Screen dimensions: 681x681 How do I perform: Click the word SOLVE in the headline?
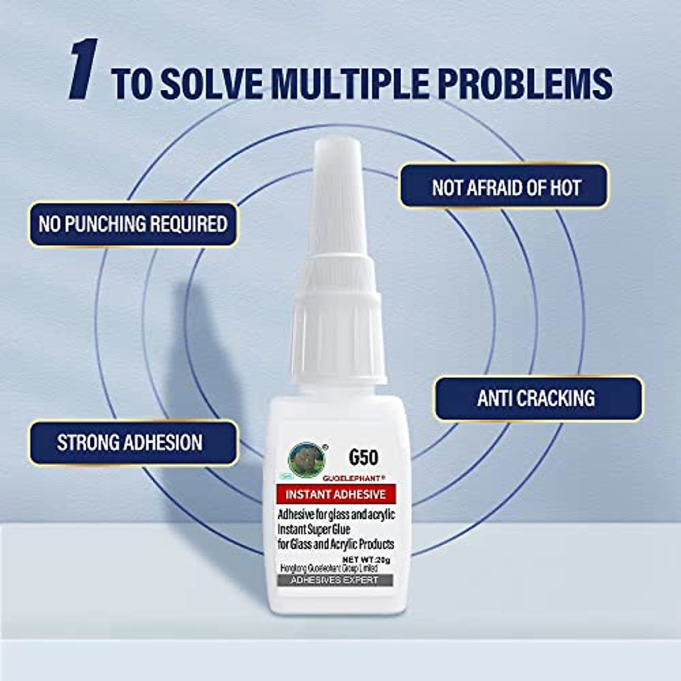211,84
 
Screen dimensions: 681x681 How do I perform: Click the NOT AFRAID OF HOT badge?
505,187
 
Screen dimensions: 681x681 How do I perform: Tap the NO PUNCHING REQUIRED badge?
133,224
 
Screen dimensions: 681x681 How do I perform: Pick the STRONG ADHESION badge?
130,443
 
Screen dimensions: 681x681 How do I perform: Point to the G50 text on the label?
363,457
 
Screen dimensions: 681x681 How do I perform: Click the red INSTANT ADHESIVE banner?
335,494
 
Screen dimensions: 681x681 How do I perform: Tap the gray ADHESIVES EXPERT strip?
334,580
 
